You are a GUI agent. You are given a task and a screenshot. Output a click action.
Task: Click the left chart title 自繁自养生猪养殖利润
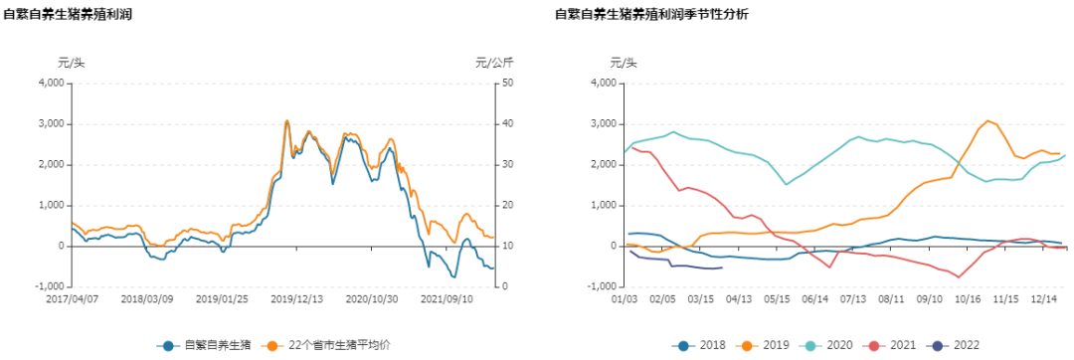(x=68, y=15)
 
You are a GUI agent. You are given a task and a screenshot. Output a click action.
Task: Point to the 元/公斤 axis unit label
(x=494, y=64)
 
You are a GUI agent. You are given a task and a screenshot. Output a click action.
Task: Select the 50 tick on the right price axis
(x=506, y=84)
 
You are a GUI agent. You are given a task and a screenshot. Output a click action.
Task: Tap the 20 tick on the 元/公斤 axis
(x=506, y=206)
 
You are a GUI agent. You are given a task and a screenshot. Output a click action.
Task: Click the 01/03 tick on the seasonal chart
(x=624, y=297)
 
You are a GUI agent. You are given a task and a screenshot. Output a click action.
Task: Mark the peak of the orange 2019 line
(x=988, y=121)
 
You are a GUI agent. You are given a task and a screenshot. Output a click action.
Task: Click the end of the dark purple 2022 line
(x=721, y=267)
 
